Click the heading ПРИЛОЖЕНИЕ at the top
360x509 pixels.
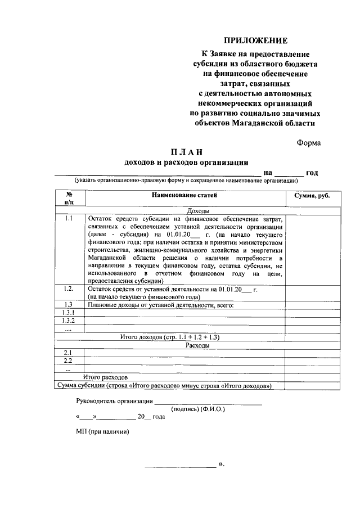point(256,40)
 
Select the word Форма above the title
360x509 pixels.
point(309,142)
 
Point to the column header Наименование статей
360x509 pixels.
point(184,195)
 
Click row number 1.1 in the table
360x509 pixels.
point(69,218)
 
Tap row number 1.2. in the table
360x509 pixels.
point(69,289)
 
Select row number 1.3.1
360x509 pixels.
point(69,312)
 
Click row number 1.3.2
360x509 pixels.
point(69,321)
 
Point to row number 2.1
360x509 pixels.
point(68,353)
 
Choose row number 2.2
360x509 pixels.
point(68,361)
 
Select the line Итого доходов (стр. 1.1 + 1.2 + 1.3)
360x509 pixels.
point(170,337)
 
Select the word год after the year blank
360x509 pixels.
point(312,173)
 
